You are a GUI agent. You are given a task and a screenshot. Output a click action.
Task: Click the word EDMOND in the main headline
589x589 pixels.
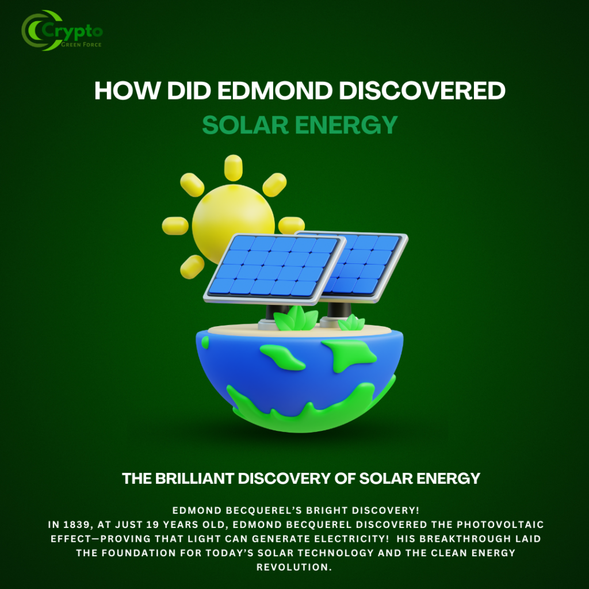tap(275, 91)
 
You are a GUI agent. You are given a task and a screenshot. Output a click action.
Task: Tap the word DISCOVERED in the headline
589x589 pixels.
tap(422, 91)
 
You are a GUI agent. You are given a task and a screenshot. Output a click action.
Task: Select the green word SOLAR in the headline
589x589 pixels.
tap(245, 125)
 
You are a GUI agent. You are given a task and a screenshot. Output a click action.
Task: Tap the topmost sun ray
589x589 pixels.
tap(234, 167)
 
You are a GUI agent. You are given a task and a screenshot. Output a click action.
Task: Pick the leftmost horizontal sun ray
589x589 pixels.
tap(175, 225)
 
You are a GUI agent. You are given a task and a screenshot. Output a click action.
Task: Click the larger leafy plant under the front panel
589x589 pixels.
tap(296, 319)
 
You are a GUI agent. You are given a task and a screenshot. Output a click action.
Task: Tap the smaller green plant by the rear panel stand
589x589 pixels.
tap(351, 323)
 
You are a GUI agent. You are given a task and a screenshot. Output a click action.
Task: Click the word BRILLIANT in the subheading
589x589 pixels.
tap(195, 479)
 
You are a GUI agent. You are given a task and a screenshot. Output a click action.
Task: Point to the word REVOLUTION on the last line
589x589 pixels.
tap(294, 567)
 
